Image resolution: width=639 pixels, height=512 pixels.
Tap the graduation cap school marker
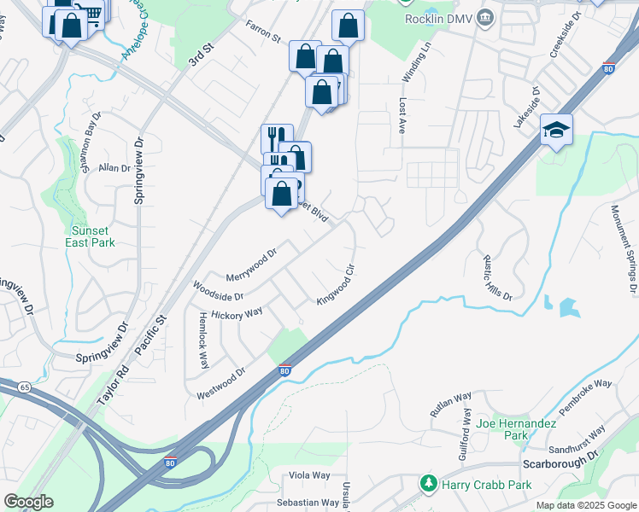point(556,130)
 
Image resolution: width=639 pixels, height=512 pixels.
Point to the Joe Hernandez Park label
point(516,429)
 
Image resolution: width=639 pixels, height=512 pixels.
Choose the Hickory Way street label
point(236,313)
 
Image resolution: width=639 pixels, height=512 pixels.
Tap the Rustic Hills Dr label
point(496,278)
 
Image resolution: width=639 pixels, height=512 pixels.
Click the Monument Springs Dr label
point(623,249)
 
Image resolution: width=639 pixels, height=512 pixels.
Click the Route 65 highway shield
point(23,387)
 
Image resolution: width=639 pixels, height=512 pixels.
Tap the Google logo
point(28,502)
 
